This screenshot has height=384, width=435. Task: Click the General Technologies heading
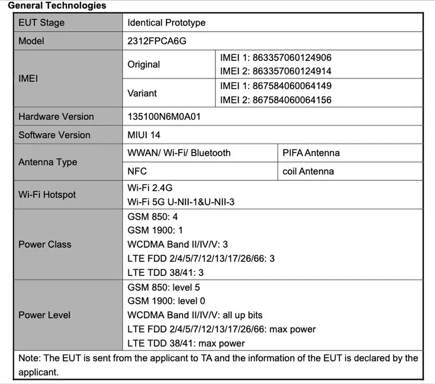pos(57,6)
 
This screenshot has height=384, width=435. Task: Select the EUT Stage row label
pos(41,23)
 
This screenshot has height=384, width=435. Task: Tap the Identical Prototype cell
pos(166,23)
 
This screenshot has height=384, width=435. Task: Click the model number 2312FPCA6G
pos(157,41)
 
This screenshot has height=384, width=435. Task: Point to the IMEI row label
pos(28,79)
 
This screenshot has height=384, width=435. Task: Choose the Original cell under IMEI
pos(144,65)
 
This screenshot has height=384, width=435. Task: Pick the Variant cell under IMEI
pos(142,93)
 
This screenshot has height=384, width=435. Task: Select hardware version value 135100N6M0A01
pos(164,116)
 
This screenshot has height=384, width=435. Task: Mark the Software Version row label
pos(54,135)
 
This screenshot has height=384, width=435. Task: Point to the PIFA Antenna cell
pos(311,153)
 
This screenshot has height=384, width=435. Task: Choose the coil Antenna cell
pos(308,172)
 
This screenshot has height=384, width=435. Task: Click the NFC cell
pos(137,172)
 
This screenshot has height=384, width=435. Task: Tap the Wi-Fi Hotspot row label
pos(47,195)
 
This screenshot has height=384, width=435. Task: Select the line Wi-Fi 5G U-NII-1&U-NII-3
pos(181,202)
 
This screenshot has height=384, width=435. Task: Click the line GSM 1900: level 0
pos(166,301)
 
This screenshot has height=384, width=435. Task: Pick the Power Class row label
pos(45,244)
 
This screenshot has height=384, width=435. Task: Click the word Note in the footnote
pos(28,358)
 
